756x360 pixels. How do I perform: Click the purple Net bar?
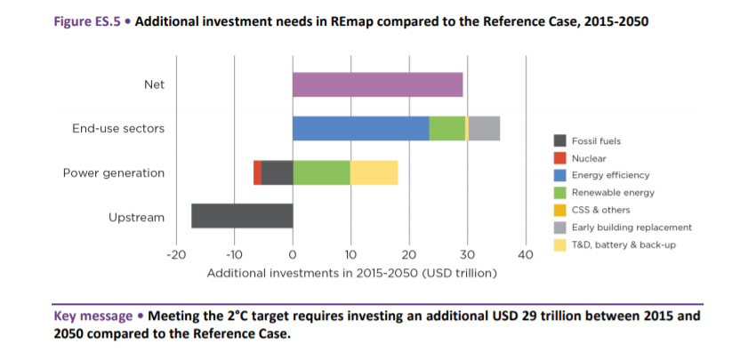coord(377,84)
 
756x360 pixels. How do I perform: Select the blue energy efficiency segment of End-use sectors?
coord(360,128)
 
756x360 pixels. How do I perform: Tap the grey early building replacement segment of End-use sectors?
coord(484,128)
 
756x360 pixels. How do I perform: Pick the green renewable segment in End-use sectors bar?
coord(446,128)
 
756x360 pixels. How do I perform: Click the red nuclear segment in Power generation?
coord(257,172)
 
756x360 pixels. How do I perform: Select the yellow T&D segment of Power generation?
coord(374,172)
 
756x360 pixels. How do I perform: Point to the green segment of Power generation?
coord(321,172)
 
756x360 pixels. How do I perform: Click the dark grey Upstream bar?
coord(242,216)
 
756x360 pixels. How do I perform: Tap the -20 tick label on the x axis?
coord(175,255)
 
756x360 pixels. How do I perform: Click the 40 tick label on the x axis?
coord(526,255)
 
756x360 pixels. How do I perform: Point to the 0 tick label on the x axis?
coord(293,255)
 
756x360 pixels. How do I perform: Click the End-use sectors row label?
coord(118,129)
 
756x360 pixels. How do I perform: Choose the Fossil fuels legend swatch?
coord(559,141)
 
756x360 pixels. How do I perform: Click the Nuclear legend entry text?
coord(589,158)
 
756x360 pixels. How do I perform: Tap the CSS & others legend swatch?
coord(559,210)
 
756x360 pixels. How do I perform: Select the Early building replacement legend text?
coord(631,228)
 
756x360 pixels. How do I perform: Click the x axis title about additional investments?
coord(351,273)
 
